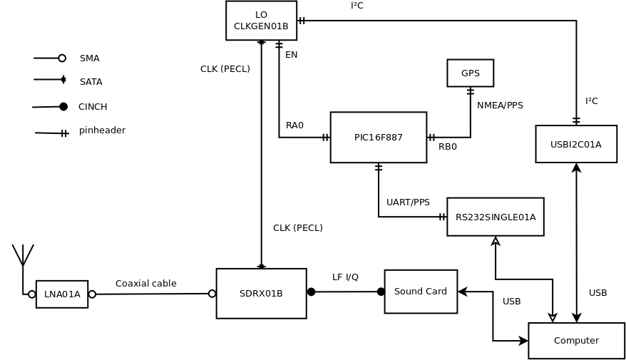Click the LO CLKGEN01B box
[x=261, y=21]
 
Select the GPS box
[x=471, y=73]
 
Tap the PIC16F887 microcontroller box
[x=379, y=138]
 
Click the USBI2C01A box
[x=576, y=144]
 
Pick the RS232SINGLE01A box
[x=496, y=217]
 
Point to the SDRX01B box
[x=261, y=294]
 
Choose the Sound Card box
[x=421, y=292]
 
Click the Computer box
[x=577, y=341]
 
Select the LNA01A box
[x=62, y=294]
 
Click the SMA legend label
[x=89, y=58]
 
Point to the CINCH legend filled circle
[x=63, y=106]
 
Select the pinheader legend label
[x=102, y=130]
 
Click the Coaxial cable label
[x=145, y=284]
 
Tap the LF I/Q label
[x=345, y=277]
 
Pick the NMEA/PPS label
[x=500, y=106]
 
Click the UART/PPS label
[x=408, y=202]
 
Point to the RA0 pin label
[x=294, y=125]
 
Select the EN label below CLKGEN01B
[x=291, y=55]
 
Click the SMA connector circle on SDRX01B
[x=212, y=294]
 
